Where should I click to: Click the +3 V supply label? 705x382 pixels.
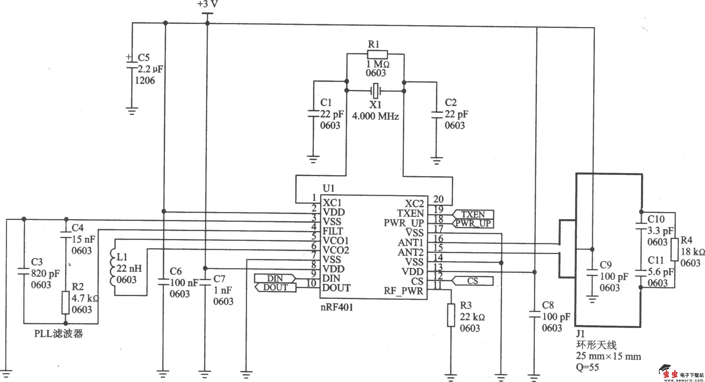[208, 5]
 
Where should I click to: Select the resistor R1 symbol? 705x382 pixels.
[377, 55]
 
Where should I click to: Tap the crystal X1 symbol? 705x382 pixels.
[375, 91]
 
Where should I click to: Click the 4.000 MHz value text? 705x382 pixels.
[375, 117]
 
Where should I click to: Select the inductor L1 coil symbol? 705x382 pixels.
[112, 267]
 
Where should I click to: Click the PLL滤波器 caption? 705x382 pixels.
[58, 334]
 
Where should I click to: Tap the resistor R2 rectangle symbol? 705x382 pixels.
[66, 303]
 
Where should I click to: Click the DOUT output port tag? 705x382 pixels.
[275, 287]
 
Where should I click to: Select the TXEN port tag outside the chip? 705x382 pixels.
[473, 214]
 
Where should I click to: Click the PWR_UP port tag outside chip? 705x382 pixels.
[473, 223]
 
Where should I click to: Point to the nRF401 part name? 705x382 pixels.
[337, 307]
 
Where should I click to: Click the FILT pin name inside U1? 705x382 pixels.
[333, 231]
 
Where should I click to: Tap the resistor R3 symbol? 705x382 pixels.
[451, 315]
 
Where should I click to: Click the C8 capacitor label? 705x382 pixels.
[548, 305]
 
